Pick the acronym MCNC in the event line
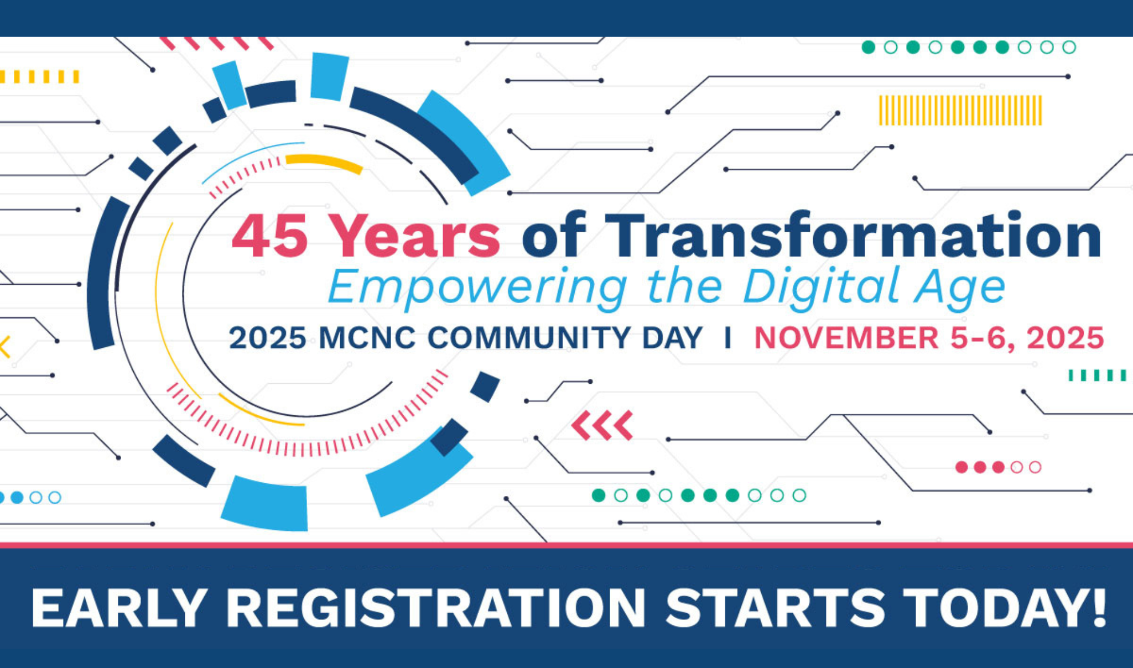[x=367, y=338]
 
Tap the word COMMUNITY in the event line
[x=565, y=338]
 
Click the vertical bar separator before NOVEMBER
[x=728, y=338]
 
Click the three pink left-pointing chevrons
[x=602, y=425]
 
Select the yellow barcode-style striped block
[x=960, y=111]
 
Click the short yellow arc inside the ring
[x=324, y=163]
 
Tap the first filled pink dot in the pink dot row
[x=962, y=467]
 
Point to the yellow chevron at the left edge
[x=5, y=347]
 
